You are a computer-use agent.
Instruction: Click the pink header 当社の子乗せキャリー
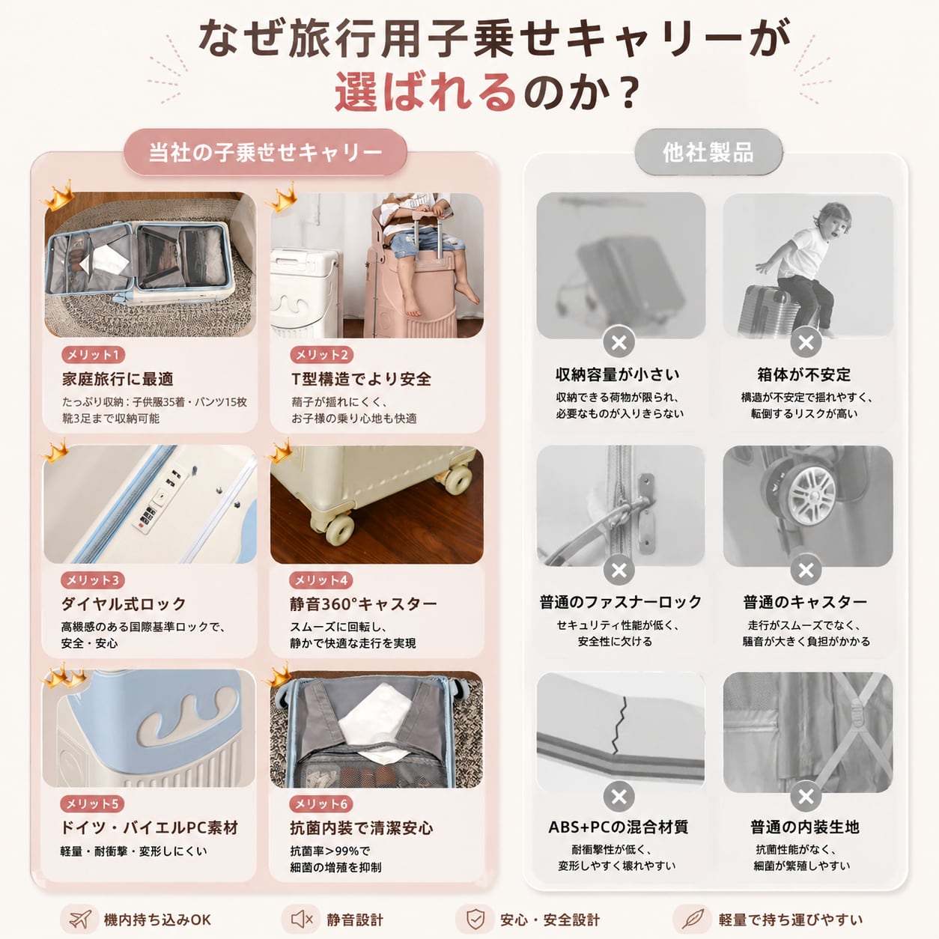[x=265, y=152]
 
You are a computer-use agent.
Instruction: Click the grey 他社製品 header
[x=708, y=152]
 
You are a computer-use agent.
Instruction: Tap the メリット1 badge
[x=93, y=355]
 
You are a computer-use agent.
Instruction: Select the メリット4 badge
[x=321, y=580]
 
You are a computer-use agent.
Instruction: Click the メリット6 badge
[x=321, y=803]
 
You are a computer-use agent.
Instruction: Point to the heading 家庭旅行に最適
[x=118, y=379]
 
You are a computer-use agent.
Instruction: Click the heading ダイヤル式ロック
[x=124, y=604]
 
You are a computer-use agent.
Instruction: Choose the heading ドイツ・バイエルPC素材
[x=149, y=827]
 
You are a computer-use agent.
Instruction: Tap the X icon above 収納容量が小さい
[x=619, y=342]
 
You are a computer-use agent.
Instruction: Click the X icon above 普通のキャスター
[x=806, y=570]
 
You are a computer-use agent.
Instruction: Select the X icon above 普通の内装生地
[x=806, y=797]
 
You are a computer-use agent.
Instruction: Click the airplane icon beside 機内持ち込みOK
[x=80, y=920]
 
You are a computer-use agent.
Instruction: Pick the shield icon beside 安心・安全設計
[x=475, y=920]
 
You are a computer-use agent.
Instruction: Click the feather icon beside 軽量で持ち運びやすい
[x=693, y=920]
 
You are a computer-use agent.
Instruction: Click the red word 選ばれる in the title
[x=425, y=91]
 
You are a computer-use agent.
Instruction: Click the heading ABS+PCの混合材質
[x=619, y=827]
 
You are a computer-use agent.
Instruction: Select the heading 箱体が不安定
[x=804, y=374]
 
